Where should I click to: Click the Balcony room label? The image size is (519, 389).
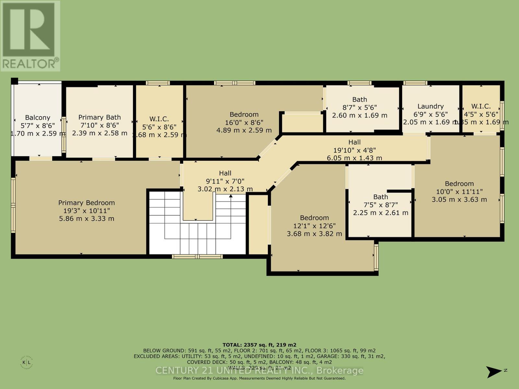click(x=38, y=118)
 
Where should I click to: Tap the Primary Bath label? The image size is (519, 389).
click(x=100, y=117)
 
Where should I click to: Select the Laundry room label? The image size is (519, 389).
click(x=430, y=106)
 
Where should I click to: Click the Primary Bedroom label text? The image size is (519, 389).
click(x=87, y=203)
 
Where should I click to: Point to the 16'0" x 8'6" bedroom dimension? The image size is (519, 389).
click(x=244, y=123)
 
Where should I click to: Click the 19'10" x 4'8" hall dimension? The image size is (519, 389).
click(x=354, y=150)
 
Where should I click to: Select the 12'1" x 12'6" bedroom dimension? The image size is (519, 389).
click(x=314, y=226)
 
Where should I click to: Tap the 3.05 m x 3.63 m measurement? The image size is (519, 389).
click(x=459, y=200)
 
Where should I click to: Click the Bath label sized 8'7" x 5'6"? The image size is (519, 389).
click(x=359, y=100)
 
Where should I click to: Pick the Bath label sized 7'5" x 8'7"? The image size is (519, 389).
click(x=380, y=197)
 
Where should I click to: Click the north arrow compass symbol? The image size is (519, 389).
click(x=494, y=371)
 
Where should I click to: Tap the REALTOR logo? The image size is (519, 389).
click(x=30, y=36)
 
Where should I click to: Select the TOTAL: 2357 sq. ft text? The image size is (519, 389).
click(x=259, y=345)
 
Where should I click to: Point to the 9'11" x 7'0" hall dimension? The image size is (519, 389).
click(x=225, y=181)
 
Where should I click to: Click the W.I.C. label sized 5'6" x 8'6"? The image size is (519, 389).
click(x=159, y=119)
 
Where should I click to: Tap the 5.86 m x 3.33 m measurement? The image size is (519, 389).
click(x=87, y=218)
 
